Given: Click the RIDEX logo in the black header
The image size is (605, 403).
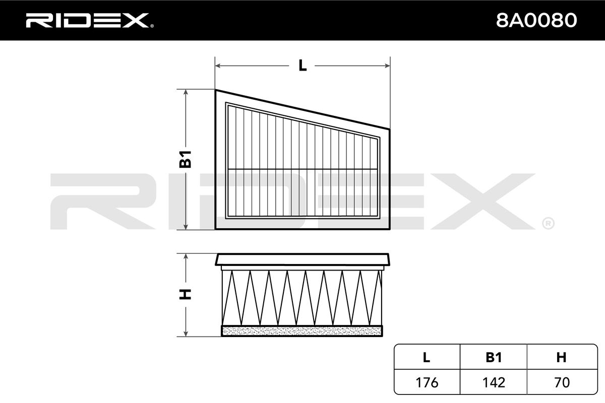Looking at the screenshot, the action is point(90,20).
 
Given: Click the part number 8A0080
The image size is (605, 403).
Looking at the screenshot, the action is point(536,20).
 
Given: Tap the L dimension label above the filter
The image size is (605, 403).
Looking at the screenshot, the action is point(302,65).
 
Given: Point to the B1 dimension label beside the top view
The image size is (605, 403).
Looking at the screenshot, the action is point(186,159).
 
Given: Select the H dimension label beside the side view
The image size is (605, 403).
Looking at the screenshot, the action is point(186,294).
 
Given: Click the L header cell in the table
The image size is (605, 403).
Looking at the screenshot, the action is point(427,357).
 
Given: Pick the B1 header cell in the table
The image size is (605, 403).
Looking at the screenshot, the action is point(494,357).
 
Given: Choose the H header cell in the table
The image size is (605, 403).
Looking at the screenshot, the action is point(562,357).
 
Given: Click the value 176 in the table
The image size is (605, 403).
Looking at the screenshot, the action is point(427,382).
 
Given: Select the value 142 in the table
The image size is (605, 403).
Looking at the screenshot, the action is point(494,382).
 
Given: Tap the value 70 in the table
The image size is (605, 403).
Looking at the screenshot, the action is point(562,382).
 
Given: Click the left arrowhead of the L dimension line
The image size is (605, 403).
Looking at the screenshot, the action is point(218,65).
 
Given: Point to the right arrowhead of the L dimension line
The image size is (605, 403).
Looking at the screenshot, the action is point(387,65).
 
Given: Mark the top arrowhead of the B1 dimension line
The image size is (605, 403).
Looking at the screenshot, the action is point(186,92).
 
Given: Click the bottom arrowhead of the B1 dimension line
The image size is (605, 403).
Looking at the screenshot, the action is point(186,227).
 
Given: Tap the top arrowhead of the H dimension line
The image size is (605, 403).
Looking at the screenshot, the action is point(186,257).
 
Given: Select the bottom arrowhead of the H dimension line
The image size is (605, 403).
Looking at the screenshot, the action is point(186,333).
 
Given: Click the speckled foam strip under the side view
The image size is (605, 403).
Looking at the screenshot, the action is point(302,331).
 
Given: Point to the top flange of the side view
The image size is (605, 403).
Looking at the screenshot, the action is point(302,259).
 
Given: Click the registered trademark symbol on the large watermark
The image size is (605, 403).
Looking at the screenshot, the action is point(548,224).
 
